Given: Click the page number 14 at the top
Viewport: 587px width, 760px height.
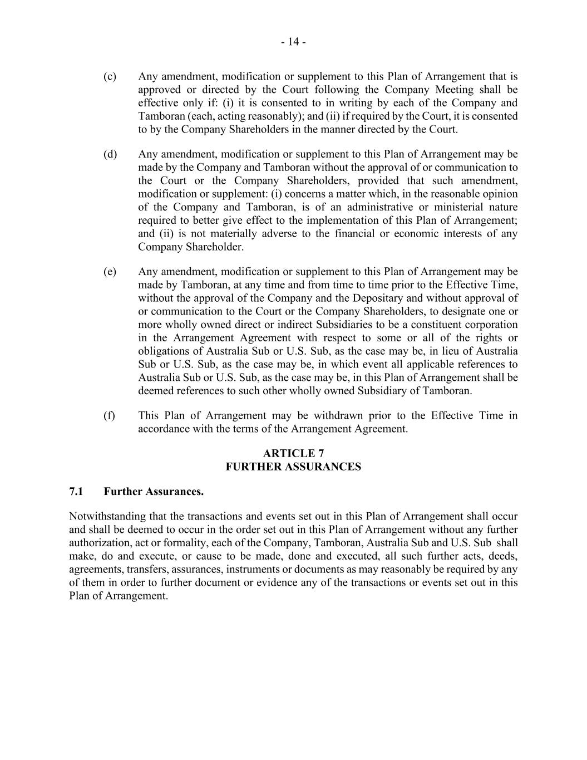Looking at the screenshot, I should pyautogui.click(x=293, y=42).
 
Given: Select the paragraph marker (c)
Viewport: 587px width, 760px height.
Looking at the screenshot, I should pyautogui.click(x=110, y=76).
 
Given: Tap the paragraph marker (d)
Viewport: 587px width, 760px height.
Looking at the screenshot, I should pyautogui.click(x=110, y=154).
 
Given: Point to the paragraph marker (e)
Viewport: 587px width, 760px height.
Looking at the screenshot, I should pyautogui.click(x=110, y=272).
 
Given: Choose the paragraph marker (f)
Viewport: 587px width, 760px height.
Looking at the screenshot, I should pyautogui.click(x=109, y=416).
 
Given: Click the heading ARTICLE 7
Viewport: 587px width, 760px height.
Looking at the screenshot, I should pyautogui.click(x=293, y=454).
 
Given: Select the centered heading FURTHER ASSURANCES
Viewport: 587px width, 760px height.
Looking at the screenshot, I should pyautogui.click(x=293, y=467).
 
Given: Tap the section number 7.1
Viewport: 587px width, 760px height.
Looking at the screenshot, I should pyautogui.click(x=76, y=492).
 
